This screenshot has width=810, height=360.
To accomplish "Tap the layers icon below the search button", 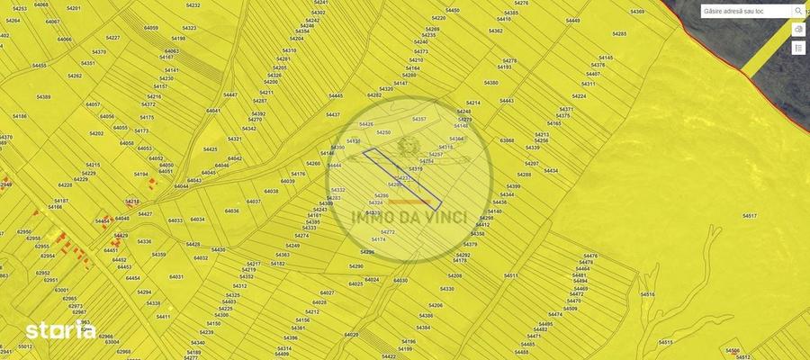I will coord(798,29).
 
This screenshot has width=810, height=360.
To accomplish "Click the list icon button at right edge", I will coord(798,47).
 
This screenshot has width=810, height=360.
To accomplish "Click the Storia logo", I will coord(60,330).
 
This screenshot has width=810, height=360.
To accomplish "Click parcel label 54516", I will coord(647,294).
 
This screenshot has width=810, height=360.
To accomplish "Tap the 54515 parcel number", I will coord(666,342).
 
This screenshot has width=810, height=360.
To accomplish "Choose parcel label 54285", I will coord(619,34).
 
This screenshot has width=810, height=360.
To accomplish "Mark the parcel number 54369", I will coord(637,12).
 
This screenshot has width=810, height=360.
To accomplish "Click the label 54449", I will coord(572,20).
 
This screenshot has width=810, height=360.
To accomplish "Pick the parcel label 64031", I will coord(176,276).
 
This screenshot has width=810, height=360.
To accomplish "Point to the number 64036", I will coord(231,211).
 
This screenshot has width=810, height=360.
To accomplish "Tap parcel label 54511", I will coord(511,275).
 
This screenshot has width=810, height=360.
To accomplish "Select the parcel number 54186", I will coord(20,116).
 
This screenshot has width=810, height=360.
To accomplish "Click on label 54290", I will coord(355,266).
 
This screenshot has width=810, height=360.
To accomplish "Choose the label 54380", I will coord(490,83).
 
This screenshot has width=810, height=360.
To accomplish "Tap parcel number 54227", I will coord(112,38).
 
